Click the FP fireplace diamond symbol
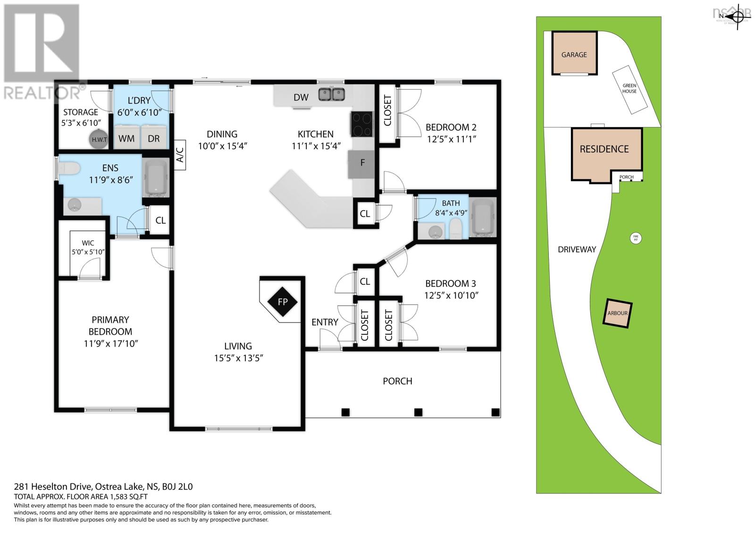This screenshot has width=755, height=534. pyautogui.click(x=282, y=301)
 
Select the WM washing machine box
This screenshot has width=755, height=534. pyautogui.click(x=126, y=137)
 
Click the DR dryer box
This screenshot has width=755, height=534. pyautogui.click(x=154, y=137)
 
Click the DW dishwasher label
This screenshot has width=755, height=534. pyautogui.click(x=301, y=97)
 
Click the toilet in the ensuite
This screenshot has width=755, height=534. pyautogui.click(x=69, y=169)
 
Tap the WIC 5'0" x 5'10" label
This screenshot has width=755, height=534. pyautogui.click(x=88, y=247)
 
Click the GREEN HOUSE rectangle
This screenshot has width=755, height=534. pyautogui.click(x=630, y=89)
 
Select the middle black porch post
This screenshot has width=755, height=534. pyautogui.click(x=418, y=412)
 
